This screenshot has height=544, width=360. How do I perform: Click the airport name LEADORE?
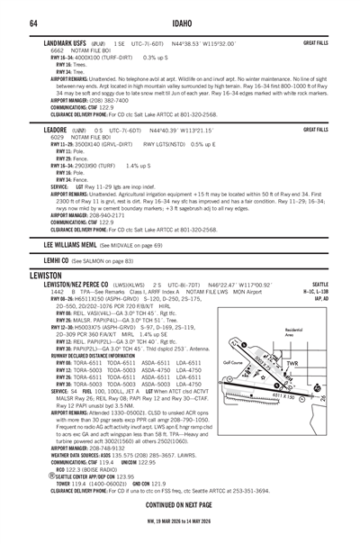coord(58,129)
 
